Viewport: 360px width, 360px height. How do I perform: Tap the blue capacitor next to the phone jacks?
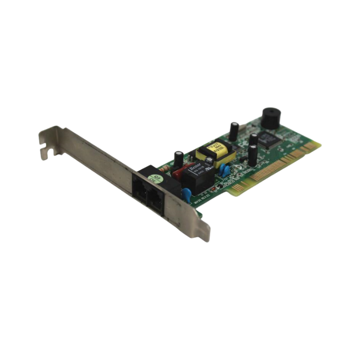pos(186,194)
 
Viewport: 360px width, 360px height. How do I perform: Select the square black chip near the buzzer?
pos(269,139)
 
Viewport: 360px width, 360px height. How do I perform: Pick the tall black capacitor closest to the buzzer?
pos(234,131)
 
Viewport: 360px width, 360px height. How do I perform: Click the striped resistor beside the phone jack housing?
pos(165,170)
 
